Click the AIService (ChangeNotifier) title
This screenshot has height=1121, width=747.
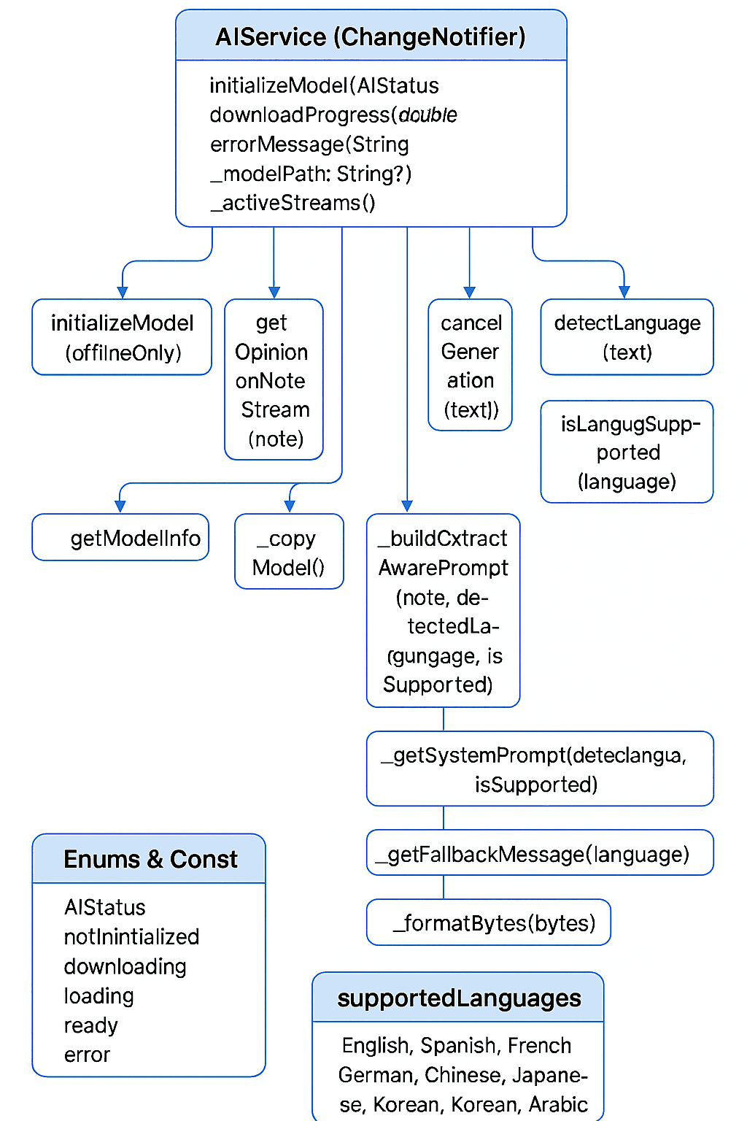coord(371,36)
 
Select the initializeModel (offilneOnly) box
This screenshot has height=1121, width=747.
coord(123,337)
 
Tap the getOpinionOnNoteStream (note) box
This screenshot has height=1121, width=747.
coord(274,380)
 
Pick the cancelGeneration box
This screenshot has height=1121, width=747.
coord(471,366)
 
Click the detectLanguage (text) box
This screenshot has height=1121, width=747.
coord(627,337)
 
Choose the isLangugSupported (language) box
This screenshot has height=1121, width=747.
coord(627,452)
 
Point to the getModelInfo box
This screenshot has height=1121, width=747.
coord(121,538)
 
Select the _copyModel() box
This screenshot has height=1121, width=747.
coord(289,552)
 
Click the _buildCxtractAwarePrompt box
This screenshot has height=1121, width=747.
coord(443,611)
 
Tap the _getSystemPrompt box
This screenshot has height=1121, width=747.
coord(539,769)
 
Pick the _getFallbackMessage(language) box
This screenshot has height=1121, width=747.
coord(539,853)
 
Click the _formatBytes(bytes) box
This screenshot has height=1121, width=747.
coord(489,923)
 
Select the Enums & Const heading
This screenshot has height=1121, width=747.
coord(150,859)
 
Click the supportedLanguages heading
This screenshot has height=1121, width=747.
coord(459,998)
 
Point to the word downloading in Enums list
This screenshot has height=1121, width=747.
coord(125,966)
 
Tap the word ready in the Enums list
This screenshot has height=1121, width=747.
coord(90,1025)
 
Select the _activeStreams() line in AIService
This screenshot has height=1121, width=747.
coord(293,203)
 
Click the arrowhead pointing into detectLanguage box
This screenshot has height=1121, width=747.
coord(624,292)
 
